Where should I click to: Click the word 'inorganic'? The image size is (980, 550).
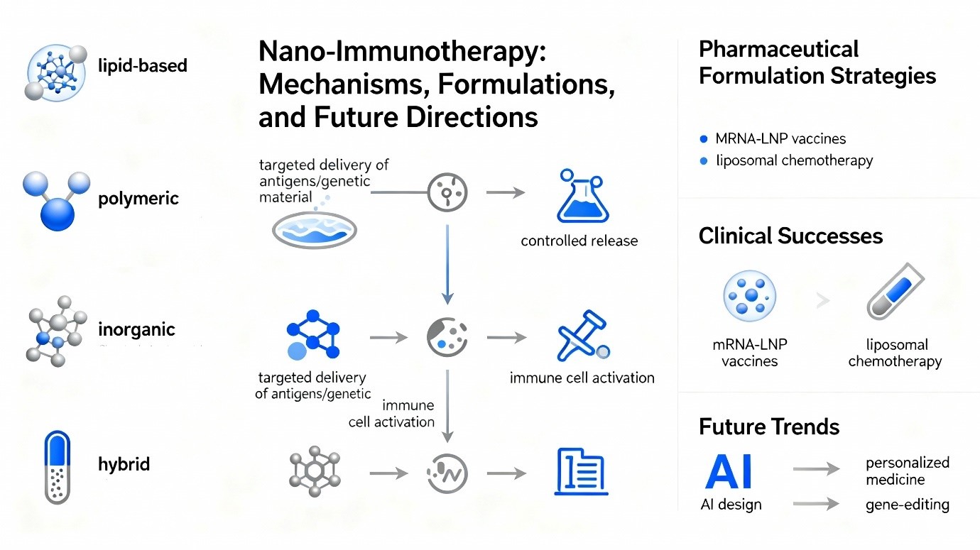[x=136, y=330]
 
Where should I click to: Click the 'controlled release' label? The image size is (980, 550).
[x=579, y=241]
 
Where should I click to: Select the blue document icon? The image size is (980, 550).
[x=581, y=471]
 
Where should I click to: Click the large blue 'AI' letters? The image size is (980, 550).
[x=729, y=473]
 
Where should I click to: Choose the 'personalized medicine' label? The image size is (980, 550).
[x=907, y=471]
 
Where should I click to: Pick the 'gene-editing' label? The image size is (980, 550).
[x=907, y=505]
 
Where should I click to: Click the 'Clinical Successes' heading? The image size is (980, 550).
[x=790, y=236]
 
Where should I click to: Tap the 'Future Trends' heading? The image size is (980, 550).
[x=769, y=427]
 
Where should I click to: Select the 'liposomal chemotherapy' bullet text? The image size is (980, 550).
[x=794, y=160]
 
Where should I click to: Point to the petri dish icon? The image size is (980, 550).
[x=315, y=230]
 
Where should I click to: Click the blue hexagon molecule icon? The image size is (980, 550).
[x=313, y=334]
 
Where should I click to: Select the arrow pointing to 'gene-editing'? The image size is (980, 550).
[x=816, y=504]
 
